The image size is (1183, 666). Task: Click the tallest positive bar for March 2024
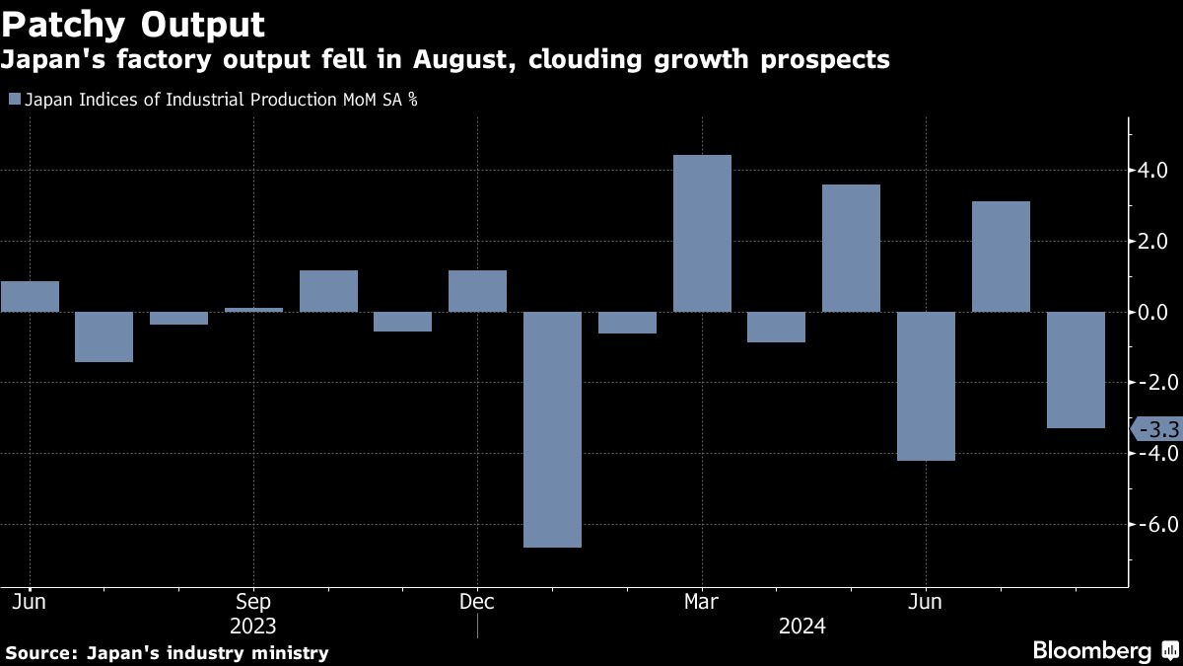702,233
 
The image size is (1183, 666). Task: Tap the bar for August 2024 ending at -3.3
1076,370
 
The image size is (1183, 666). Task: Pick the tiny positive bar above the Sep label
253,310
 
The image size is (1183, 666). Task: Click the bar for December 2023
477,291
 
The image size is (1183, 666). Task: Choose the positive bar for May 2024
851,248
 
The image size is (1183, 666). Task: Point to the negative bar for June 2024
926,386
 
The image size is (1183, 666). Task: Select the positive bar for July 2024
1001,257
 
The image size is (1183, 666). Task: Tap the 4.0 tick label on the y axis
1150,171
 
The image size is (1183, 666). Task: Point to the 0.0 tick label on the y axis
1150,312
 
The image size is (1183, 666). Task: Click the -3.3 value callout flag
1154,429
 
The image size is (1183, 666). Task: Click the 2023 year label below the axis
253,627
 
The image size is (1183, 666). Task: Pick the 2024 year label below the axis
802,627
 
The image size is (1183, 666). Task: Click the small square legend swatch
13,99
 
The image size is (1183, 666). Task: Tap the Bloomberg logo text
1091,651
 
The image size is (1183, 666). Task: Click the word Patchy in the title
65,23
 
